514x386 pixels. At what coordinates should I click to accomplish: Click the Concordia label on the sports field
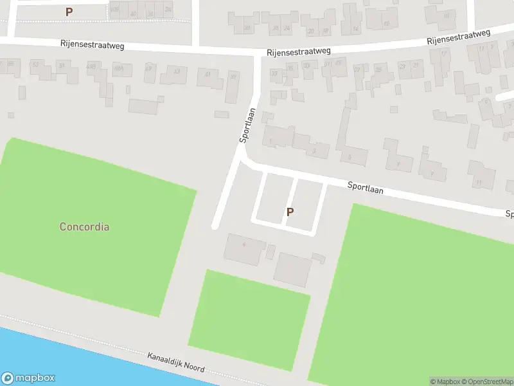point(84,226)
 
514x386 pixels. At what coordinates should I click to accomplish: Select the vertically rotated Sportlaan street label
point(247,125)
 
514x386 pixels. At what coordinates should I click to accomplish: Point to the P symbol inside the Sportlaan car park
point(290,212)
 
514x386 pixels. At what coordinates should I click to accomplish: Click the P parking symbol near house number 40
point(69,11)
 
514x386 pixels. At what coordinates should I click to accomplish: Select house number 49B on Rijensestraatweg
point(92,66)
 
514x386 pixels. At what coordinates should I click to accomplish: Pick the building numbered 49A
point(118,68)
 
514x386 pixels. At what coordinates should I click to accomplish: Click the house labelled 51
point(62,64)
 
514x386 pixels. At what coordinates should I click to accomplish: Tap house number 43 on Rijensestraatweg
point(176,71)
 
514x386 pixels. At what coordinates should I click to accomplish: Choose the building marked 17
point(444,54)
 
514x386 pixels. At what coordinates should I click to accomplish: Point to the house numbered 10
point(386,24)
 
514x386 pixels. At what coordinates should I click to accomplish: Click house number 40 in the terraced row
point(133,13)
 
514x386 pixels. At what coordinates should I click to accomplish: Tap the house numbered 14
point(355,28)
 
